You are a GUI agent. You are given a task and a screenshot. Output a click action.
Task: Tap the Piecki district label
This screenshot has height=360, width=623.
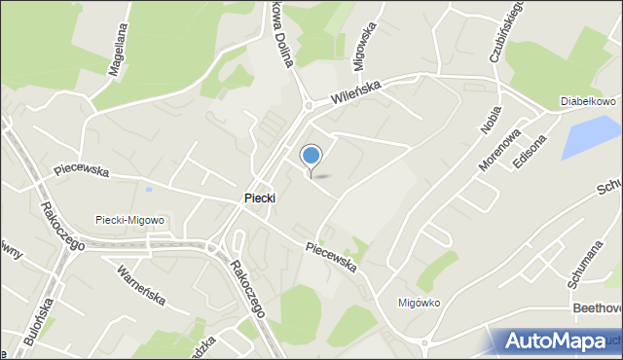pos(259,198)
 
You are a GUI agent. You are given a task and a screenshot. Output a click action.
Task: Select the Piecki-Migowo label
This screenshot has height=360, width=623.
pos(129,220)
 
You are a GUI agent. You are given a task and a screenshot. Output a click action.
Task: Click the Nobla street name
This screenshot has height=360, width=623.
pos(489,117)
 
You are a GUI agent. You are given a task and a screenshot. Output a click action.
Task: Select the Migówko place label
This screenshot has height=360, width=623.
pos(420,302)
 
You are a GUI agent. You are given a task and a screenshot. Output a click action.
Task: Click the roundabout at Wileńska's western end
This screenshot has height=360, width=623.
pos(308,105)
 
